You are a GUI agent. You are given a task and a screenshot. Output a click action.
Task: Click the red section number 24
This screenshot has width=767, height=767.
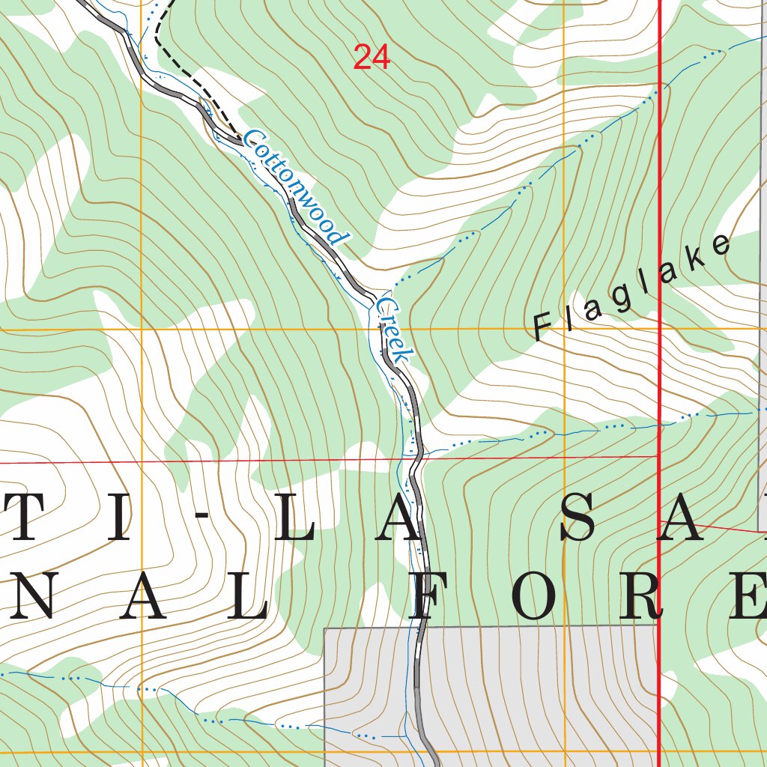click(372, 58)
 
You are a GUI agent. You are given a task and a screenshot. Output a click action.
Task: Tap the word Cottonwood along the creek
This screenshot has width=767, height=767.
click(297, 188)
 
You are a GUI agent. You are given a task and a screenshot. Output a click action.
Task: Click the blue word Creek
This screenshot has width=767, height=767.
click(394, 330)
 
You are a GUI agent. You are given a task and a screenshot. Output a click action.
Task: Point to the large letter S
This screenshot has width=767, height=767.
click(580, 518)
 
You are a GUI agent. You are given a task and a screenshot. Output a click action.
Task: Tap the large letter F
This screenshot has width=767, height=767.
click(429, 597)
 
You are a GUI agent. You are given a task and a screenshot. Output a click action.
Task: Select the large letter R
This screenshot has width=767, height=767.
click(644, 597)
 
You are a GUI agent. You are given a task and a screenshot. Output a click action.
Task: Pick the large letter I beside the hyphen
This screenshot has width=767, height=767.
click(118, 518)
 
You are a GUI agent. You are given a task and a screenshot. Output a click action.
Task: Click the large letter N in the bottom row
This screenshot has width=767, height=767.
click(30, 597)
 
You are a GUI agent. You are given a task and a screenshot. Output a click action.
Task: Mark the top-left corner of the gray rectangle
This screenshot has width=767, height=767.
click(324, 628)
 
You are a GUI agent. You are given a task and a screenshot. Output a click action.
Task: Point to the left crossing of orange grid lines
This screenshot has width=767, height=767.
click(141, 329)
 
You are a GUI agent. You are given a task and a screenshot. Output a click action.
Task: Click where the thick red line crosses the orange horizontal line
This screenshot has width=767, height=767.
click(659, 329)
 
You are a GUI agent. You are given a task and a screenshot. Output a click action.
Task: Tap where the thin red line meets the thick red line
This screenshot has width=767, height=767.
click(658, 455)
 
